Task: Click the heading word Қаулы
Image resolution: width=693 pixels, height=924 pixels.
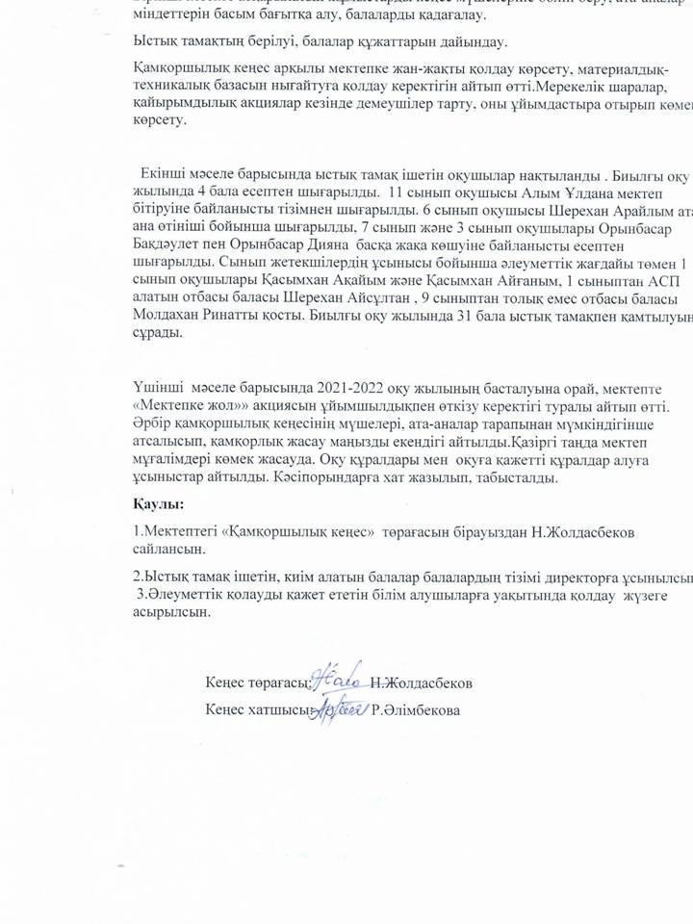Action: point(159,503)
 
